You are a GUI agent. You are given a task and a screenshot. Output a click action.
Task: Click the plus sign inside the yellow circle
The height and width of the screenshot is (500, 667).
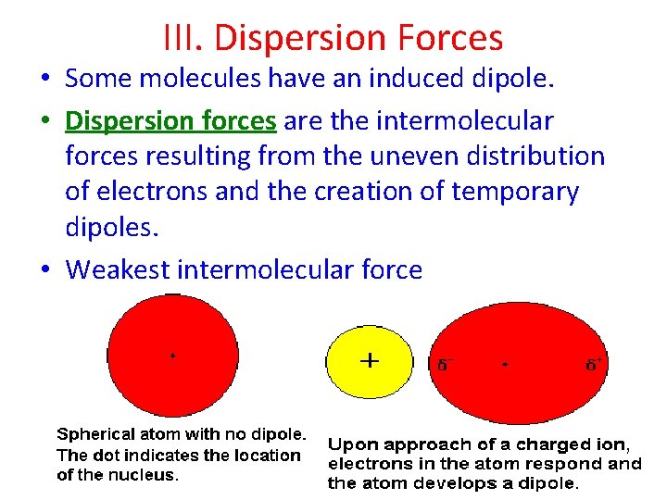[x=369, y=359]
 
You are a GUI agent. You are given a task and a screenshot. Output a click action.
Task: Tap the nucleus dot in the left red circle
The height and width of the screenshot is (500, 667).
[x=172, y=356]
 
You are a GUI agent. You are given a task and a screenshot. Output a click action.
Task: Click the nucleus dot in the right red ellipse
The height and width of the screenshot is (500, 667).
[x=505, y=365]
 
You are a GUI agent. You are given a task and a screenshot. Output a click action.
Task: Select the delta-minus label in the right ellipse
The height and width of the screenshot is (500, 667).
[x=445, y=365]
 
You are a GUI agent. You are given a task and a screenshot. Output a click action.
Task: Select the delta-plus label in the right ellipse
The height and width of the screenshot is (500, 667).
[x=593, y=364]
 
